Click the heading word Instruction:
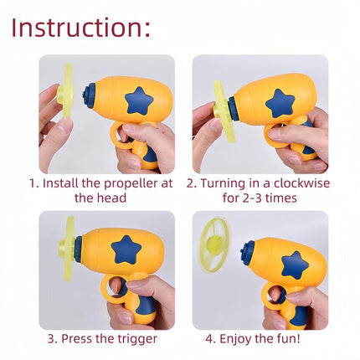pyautogui.click(x=81, y=27)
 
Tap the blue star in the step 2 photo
pyautogui.click(x=280, y=103)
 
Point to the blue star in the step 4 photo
pyautogui.click(x=294, y=265)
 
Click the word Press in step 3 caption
pyautogui.click(x=74, y=338)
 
